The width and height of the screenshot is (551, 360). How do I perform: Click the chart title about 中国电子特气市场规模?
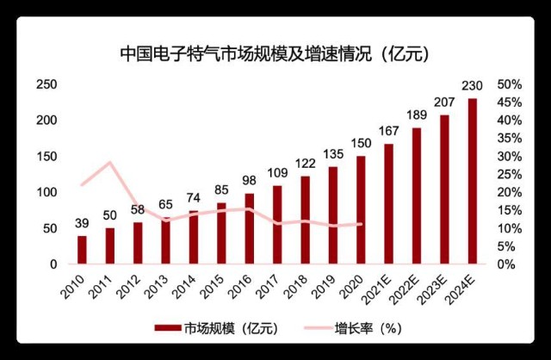coord(275,53)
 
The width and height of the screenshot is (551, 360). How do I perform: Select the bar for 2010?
coord(82,249)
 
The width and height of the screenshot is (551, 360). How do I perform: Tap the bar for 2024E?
coord(472,181)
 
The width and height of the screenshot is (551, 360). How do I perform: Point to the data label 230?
coord(472,86)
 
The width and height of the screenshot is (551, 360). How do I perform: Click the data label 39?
coord(82,223)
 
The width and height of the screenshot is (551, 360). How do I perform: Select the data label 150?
coord(360,144)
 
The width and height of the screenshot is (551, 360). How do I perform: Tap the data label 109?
coord(276,173)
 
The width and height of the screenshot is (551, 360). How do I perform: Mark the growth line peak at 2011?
coord(109,162)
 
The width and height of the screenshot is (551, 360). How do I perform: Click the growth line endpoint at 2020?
coord(360,225)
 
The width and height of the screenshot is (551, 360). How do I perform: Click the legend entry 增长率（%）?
coord(353,328)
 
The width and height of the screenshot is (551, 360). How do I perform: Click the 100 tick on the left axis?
coord(46,191)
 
